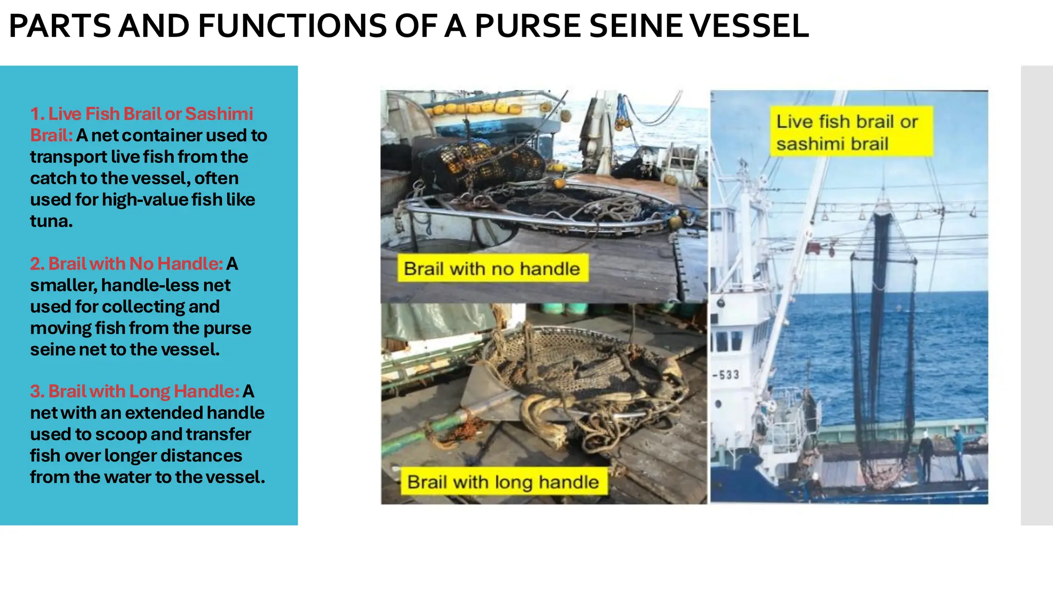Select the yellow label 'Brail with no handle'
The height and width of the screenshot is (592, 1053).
[492, 268]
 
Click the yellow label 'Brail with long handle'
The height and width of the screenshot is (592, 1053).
[503, 482]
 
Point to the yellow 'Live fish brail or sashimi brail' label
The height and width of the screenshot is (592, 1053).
[847, 132]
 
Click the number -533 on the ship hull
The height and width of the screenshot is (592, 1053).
[726, 375]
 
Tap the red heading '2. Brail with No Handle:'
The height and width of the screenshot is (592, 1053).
[126, 264]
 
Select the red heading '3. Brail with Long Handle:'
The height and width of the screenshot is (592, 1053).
[135, 392]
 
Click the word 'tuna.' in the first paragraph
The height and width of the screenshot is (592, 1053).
[51, 221]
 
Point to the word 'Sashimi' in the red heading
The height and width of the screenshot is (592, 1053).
[219, 114]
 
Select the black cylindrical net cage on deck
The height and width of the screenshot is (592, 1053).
[481, 164]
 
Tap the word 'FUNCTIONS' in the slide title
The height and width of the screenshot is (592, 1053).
[292, 26]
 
